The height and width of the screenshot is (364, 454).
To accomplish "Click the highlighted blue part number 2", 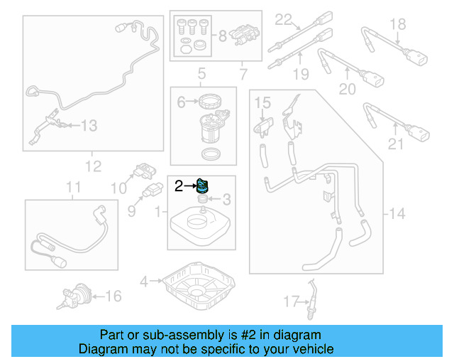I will coord(202,187).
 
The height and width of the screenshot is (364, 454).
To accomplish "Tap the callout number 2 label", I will coord(179,187).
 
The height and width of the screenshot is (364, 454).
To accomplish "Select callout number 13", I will coord(88,126).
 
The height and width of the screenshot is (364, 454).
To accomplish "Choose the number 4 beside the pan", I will coord(143,282).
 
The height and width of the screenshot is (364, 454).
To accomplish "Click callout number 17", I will coord(287,301).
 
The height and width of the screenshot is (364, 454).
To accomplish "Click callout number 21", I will coord(395,144).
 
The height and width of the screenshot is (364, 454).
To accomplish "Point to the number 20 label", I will coord(347,88).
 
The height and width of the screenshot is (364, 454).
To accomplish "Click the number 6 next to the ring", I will coord(181,102).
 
